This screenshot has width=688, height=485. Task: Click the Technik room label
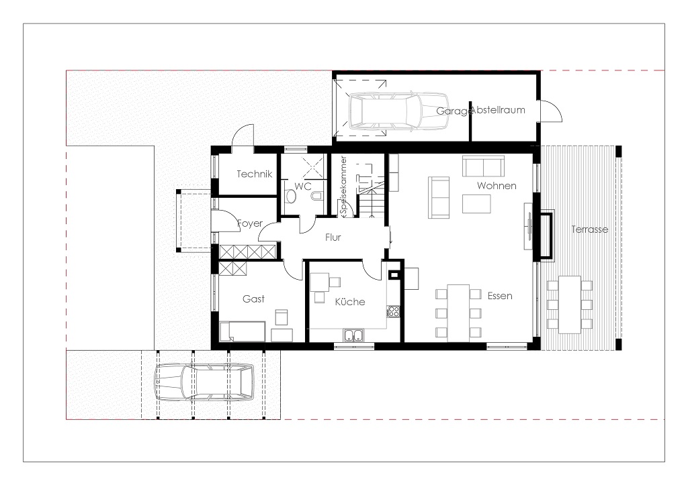tap(255, 174)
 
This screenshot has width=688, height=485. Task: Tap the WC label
tap(303, 186)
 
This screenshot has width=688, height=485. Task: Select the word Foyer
tap(250, 223)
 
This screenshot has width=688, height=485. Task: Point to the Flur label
tap(333, 237)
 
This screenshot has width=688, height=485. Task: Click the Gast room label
tap(253, 299)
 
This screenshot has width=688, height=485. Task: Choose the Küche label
tap(350, 301)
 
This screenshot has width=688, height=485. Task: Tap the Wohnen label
tap(497, 185)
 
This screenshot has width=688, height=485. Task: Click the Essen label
tap(500, 296)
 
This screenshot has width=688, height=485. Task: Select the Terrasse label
tap(590, 229)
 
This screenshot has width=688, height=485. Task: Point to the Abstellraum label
tap(498, 110)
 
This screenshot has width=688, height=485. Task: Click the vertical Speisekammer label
tap(343, 186)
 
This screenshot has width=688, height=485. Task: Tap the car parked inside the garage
tap(399, 111)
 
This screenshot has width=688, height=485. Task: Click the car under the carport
tap(204, 382)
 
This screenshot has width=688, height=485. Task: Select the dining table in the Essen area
tap(458, 313)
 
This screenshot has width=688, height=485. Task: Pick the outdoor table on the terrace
tap(570, 305)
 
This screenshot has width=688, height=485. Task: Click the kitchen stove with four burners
tap(393, 311)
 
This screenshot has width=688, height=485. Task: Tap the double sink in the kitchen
tap(353, 335)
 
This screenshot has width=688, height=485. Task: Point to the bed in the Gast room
tap(242, 331)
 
